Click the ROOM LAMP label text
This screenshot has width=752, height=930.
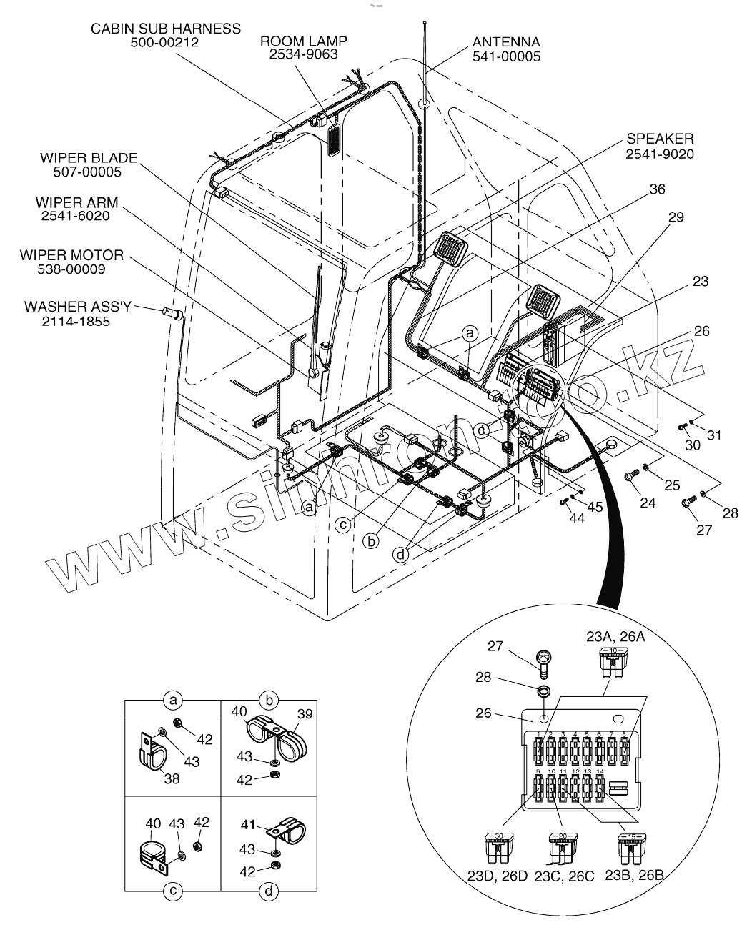click(x=299, y=41)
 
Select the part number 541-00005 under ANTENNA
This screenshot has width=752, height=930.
click(x=506, y=56)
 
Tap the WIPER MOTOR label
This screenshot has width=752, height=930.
click(x=71, y=255)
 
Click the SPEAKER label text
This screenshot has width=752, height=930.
click(x=659, y=139)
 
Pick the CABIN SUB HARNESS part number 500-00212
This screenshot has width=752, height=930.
click(x=164, y=42)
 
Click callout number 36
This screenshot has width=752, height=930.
click(x=657, y=189)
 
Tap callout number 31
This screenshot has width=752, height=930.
click(x=714, y=435)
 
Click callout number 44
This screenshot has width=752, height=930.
click(x=576, y=518)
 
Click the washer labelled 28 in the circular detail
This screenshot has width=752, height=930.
click(x=543, y=692)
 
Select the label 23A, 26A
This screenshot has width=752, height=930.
click(x=615, y=636)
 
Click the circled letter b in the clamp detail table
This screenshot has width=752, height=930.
click(x=269, y=698)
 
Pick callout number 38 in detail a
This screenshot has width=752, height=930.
click(x=172, y=778)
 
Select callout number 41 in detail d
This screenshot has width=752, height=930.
click(x=248, y=825)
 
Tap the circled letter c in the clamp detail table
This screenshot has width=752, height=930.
click(x=173, y=890)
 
